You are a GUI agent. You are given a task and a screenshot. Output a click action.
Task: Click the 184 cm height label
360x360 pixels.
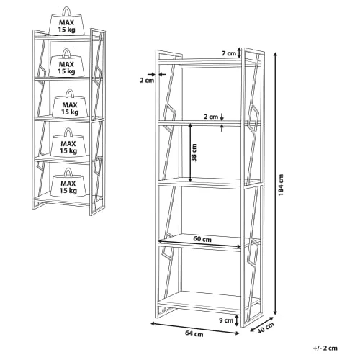click(281, 185)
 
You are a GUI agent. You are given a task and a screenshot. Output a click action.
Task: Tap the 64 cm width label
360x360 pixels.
click(194, 333)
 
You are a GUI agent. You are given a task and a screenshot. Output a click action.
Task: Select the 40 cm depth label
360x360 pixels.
click(266, 328)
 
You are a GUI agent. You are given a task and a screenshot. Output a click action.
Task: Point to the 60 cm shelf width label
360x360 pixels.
click(202, 239)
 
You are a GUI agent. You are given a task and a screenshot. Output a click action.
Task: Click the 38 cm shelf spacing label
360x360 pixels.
click(194, 153)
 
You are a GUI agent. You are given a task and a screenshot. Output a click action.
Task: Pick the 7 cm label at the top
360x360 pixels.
click(229, 53)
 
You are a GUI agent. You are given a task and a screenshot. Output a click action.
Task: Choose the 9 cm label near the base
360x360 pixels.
click(226, 320)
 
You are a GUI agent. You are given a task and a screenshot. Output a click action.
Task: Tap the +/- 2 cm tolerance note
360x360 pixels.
click(325, 348)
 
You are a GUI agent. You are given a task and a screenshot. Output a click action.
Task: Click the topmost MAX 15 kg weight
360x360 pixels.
click(67, 21)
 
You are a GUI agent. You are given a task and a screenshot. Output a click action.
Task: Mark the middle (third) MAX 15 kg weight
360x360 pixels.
click(70, 104)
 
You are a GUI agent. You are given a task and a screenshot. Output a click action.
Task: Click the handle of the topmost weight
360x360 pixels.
click(67, 11)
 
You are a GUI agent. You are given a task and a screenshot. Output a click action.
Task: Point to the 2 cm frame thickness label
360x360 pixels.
click(147, 81)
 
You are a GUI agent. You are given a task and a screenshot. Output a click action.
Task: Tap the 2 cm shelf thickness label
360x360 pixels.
click(211, 117)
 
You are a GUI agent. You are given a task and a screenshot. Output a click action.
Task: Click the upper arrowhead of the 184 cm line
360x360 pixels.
click(276, 54)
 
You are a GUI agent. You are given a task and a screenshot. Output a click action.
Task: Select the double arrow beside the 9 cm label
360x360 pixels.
click(237, 320)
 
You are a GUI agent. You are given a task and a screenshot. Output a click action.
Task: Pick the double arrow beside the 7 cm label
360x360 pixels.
click(239, 53)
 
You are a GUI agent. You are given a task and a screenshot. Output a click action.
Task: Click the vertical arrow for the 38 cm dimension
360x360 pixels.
click(190, 153)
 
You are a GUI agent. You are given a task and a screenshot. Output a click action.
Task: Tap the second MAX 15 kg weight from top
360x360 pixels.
click(67, 63)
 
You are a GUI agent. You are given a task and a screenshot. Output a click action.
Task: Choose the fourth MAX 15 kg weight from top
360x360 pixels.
click(69, 143)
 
